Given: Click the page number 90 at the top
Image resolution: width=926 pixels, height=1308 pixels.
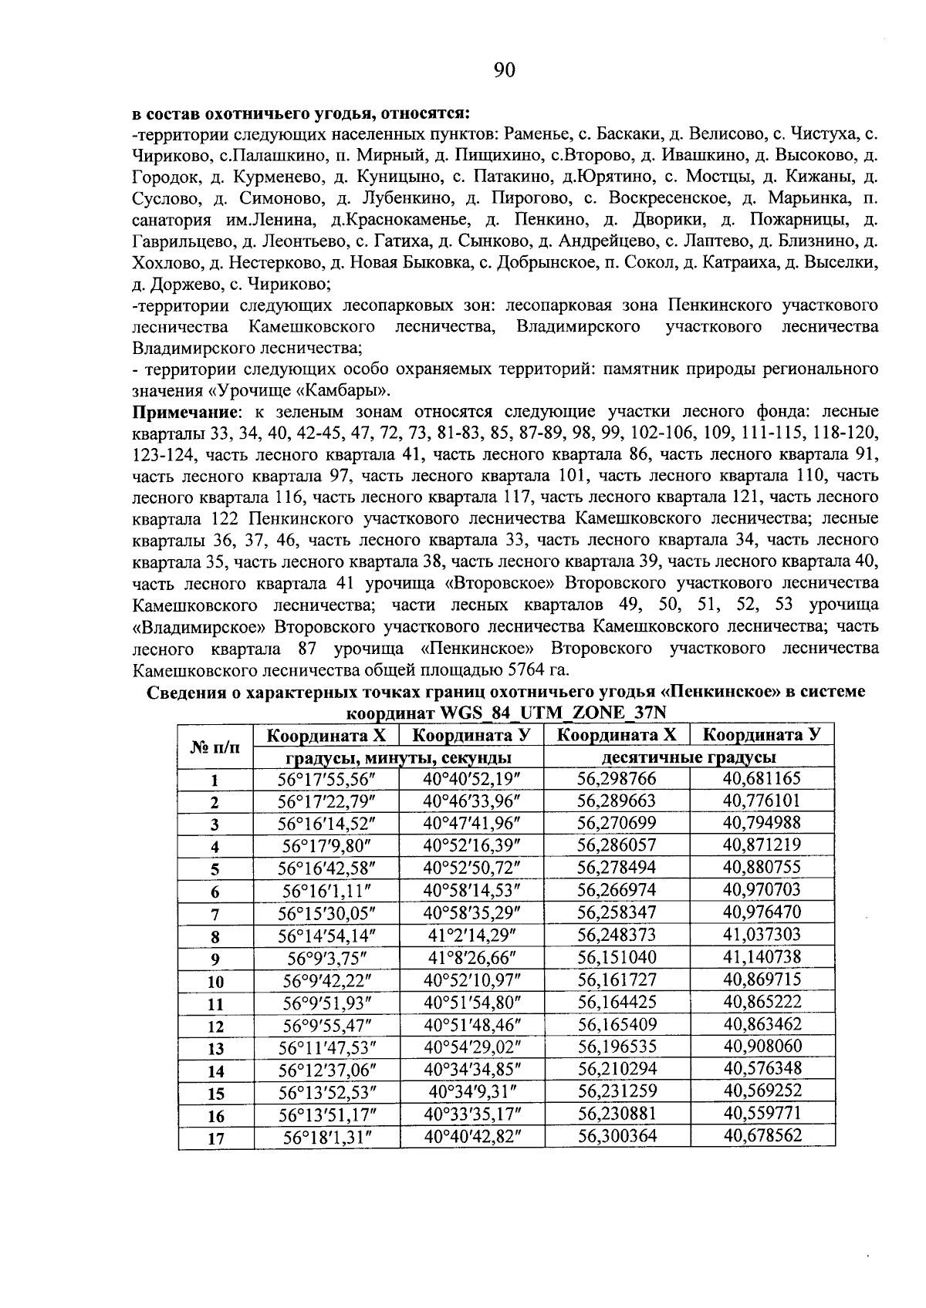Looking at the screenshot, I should (x=503, y=71).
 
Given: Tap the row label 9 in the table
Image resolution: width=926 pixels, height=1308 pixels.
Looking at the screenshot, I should (x=216, y=959).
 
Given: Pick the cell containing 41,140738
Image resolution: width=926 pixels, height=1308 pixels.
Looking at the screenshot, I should (x=762, y=957).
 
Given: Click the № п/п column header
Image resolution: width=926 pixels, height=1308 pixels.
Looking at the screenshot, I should (x=215, y=747).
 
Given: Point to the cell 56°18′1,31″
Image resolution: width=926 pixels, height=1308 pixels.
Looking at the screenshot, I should (x=327, y=1136).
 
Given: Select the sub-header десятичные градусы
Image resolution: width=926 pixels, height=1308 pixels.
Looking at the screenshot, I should (x=689, y=757).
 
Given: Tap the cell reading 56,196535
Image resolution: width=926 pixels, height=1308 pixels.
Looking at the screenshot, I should (x=617, y=1047).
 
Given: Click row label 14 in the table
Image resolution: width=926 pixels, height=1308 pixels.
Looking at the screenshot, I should (x=216, y=1070).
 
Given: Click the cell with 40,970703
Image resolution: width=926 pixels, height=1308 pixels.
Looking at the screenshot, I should (x=762, y=889).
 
